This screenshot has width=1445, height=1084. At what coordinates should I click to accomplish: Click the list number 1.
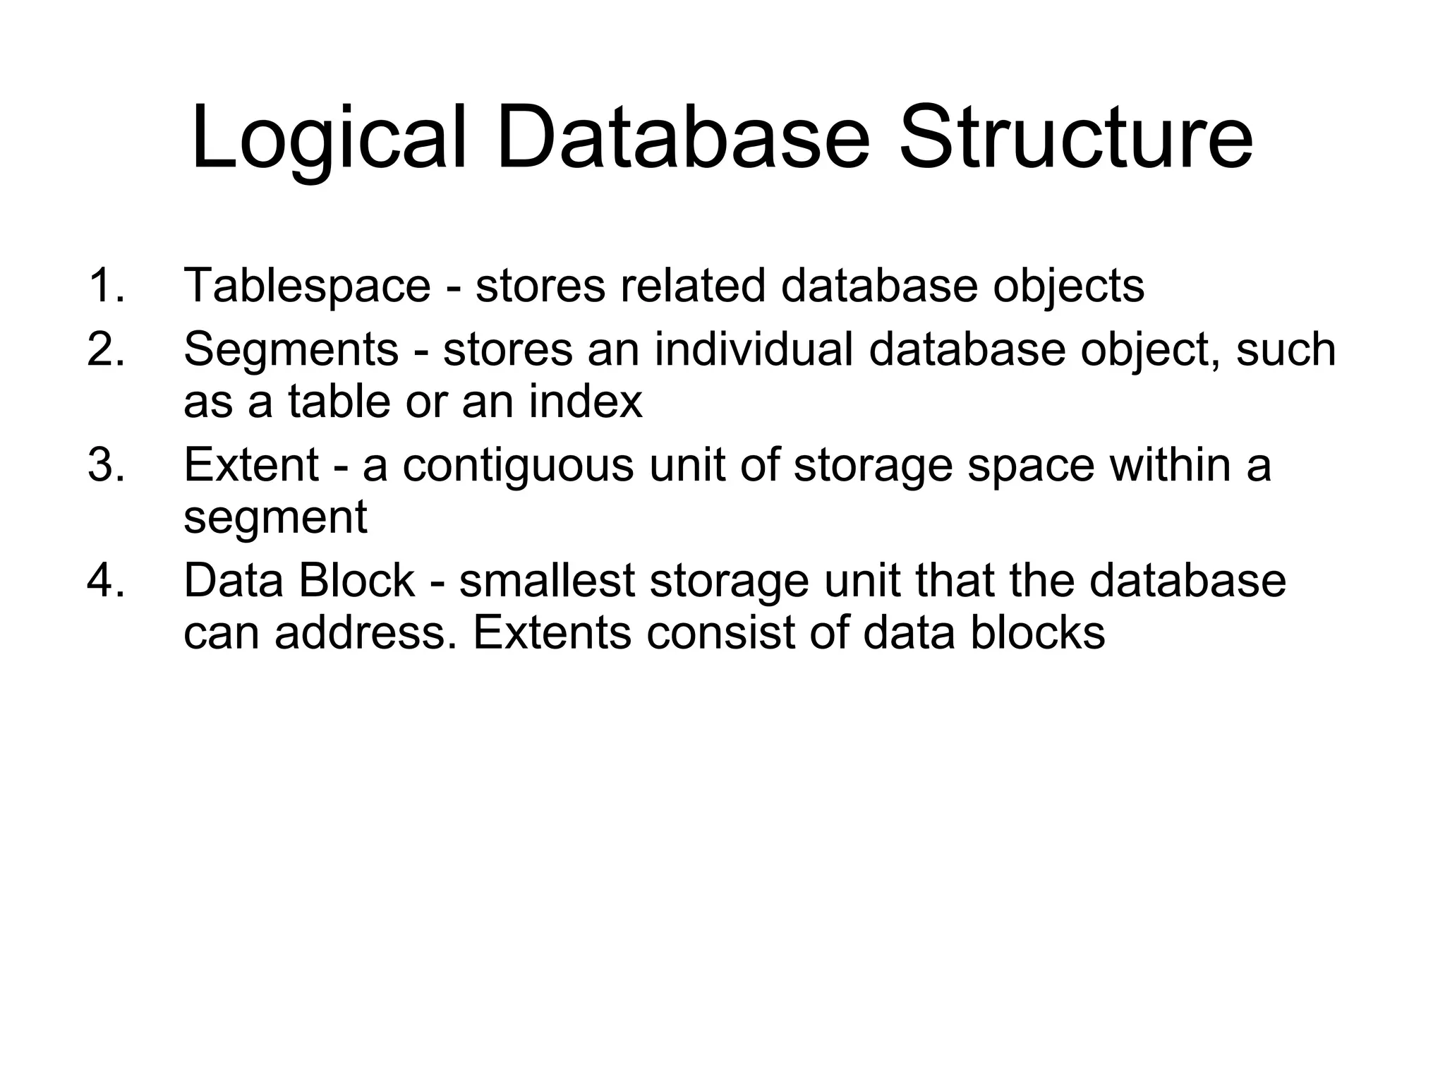(x=106, y=286)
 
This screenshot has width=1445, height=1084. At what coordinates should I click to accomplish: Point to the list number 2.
(x=106, y=349)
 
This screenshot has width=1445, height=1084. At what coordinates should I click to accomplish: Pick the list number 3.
(x=106, y=466)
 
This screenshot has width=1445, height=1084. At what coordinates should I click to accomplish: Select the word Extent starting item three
(x=251, y=466)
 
